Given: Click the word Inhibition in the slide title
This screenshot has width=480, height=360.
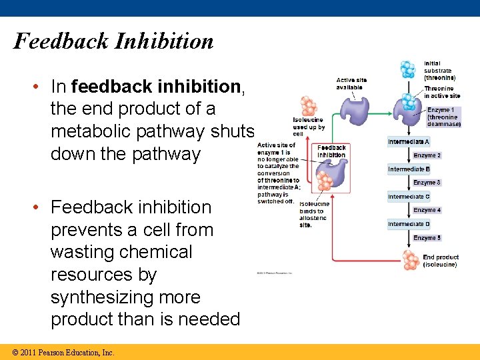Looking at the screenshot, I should pyautogui.click(x=164, y=41).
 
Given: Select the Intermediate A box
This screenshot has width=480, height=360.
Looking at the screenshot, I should pyautogui.click(x=409, y=142).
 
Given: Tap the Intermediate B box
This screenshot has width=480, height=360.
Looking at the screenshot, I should pyautogui.click(x=409, y=169).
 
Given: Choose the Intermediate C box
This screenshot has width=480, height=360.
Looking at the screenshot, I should pyautogui.click(x=409, y=197).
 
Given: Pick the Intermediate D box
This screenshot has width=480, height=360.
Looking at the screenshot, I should pyautogui.click(x=409, y=224).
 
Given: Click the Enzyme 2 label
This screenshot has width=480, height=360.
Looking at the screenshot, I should pyautogui.click(x=427, y=155).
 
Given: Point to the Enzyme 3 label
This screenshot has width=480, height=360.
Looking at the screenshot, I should pyautogui.click(x=427, y=183).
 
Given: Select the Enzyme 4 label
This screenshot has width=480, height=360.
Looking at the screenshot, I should pyautogui.click(x=427, y=210).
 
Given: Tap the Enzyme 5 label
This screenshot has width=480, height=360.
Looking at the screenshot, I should pyautogui.click(x=427, y=238).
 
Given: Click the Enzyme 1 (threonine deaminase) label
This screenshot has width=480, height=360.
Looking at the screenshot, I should pyautogui.click(x=443, y=117).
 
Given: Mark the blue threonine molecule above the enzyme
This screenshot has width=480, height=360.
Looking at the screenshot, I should pyautogui.click(x=407, y=69).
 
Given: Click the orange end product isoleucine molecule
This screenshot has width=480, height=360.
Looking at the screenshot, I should pyautogui.click(x=411, y=260).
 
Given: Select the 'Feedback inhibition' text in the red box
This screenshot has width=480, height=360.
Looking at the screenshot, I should pyautogui.click(x=331, y=151).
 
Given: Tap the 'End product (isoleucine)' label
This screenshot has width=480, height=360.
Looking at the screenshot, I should pyautogui.click(x=440, y=261).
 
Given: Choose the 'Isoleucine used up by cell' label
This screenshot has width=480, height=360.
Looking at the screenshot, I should pyautogui.click(x=309, y=127).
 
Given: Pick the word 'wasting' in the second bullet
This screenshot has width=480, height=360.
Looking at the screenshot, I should pyautogui.click(x=83, y=252).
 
